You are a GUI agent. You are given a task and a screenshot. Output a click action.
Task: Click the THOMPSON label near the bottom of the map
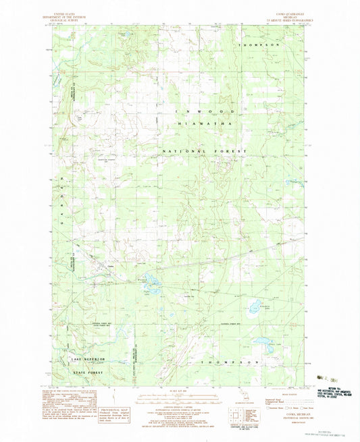coord(231,362)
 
